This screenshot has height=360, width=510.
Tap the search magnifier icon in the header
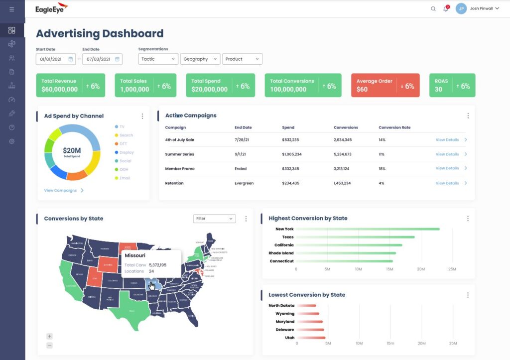point(433,8)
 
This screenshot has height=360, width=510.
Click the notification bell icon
point(446,8)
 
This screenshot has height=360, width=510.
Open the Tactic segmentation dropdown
point(158,59)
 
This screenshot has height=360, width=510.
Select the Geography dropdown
point(200,59)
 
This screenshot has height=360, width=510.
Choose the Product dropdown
point(242,59)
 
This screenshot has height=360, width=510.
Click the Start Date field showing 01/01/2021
point(55,59)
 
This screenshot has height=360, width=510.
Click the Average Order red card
point(385,85)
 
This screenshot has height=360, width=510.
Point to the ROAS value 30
point(438,90)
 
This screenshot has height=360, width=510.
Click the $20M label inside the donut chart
point(72,150)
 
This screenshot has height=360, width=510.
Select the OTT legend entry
point(124,144)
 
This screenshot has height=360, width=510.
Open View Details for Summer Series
point(447,154)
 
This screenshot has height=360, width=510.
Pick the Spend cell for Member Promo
point(291,169)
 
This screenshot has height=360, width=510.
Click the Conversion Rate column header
point(394,127)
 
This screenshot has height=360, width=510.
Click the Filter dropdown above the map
point(214,219)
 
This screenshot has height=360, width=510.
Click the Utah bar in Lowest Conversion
point(310,338)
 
